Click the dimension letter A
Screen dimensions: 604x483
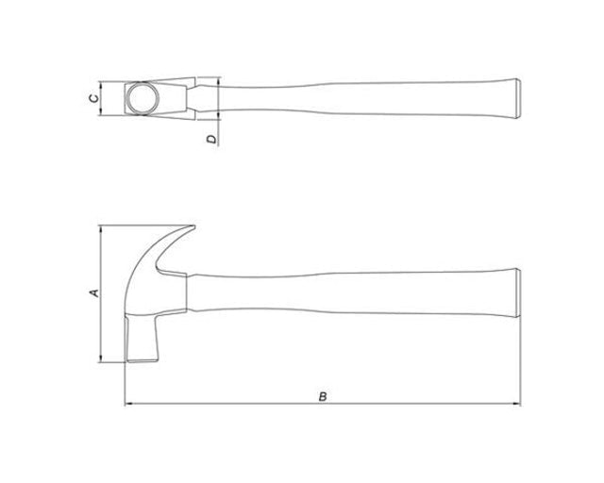pos(94,292)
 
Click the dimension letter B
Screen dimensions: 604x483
pos(323,396)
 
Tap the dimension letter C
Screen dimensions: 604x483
pos(93,98)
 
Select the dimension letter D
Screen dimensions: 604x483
pos(211,139)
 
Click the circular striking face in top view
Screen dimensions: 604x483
pos(143,98)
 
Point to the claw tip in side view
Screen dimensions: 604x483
pos(193,227)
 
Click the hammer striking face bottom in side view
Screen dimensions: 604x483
pos(143,361)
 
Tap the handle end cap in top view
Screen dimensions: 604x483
pos(518,98)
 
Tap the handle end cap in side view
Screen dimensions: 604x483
pos(518,292)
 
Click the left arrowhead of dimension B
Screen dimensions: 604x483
pos(128,404)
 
